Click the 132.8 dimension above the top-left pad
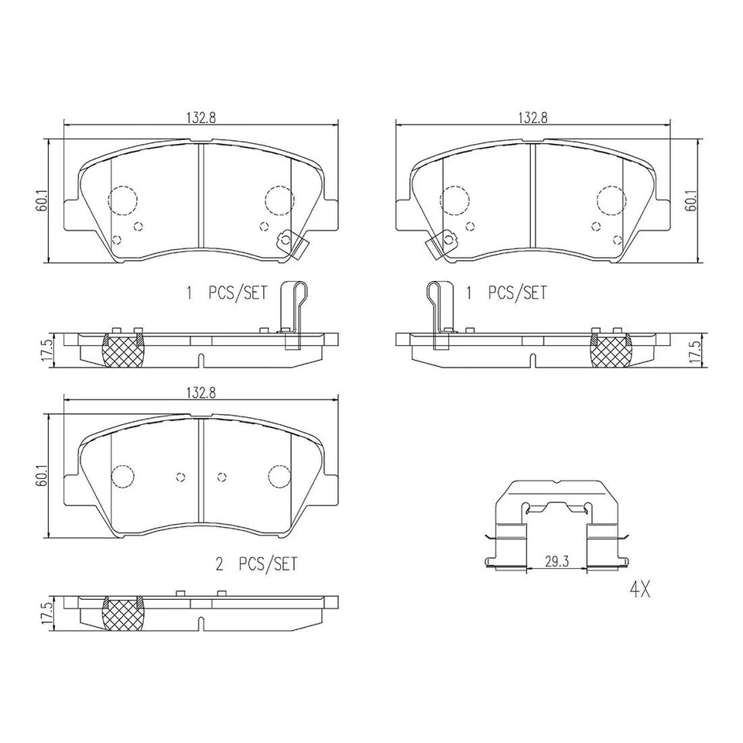coord(200,117)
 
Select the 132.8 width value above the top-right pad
coord(533,117)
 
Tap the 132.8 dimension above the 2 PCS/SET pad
coord(200,392)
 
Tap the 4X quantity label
coord(639,591)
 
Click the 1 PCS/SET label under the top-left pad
coord(225,293)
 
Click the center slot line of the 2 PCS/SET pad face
coord(200,472)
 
